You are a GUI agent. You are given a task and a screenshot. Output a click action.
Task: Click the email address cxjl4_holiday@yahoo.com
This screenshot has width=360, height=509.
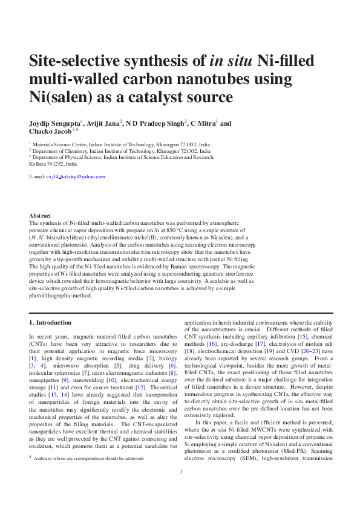pos(76,177)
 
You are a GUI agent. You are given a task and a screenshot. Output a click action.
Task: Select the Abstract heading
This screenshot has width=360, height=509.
pos(40,216)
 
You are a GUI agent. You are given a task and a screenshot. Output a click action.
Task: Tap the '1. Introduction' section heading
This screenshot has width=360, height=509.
pos(50,323)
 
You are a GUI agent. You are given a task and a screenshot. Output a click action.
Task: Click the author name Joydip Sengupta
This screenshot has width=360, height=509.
pos(55,123)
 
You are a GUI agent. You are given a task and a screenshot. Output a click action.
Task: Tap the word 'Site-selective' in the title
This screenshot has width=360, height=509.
pos(77,60)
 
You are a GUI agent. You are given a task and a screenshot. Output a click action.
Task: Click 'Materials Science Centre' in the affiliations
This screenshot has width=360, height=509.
pos(62,145)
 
